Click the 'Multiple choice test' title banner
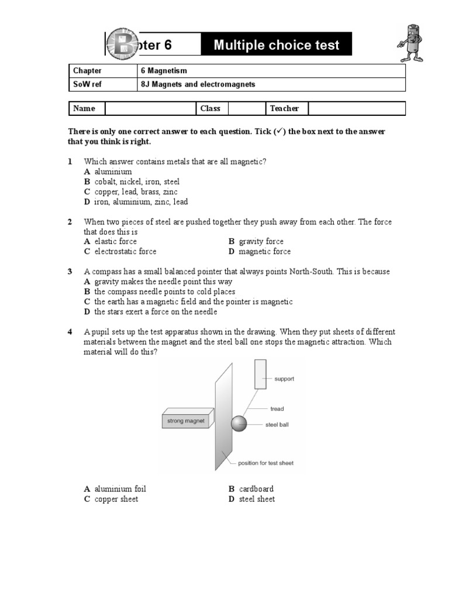(276, 45)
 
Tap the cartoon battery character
(412, 43)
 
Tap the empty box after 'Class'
(246, 109)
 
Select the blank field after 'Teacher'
(356, 109)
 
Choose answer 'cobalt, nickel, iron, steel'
(137, 182)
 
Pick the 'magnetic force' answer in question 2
(264, 252)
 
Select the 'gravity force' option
(261, 242)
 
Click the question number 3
(70, 272)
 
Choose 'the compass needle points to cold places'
(164, 292)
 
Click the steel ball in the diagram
(239, 424)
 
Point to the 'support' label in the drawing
(284, 379)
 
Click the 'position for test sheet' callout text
(265, 463)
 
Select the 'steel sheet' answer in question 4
(257, 500)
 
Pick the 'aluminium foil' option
(120, 489)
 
